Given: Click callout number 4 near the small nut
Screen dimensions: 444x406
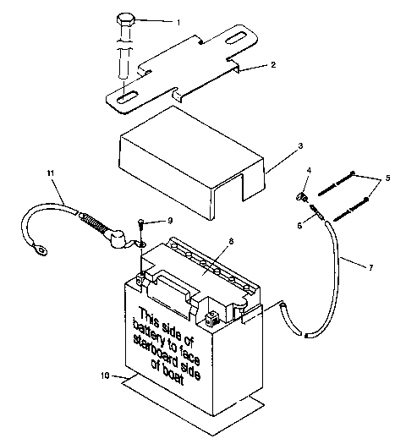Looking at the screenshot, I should point(309,170).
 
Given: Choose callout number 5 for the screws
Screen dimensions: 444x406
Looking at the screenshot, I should point(389,178).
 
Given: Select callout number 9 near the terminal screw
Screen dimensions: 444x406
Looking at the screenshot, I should point(170,221).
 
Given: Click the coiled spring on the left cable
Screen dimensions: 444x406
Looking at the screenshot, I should point(96,224).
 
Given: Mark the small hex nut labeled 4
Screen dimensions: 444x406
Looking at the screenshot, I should point(301,198).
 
